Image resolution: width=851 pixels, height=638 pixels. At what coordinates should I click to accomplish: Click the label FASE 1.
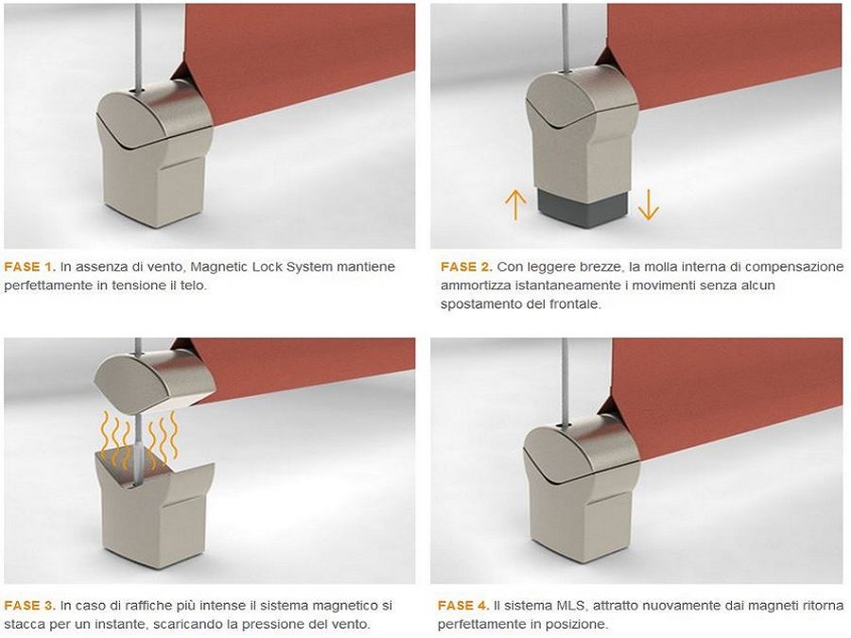click(30, 267)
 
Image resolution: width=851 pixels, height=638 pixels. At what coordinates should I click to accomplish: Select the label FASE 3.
click(30, 606)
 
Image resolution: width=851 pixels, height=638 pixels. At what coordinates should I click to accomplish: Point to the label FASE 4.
click(463, 606)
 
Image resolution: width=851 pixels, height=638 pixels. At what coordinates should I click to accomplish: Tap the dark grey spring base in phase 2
click(582, 206)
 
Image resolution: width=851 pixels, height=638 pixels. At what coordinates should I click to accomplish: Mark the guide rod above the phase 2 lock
click(565, 37)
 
